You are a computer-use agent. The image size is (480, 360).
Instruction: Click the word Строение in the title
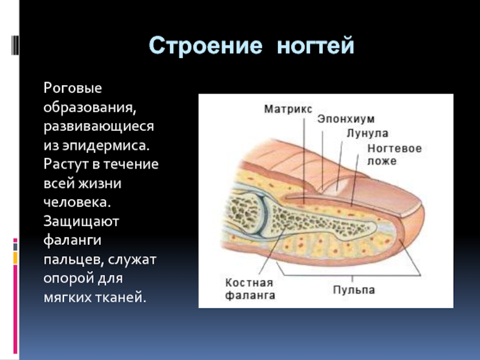tap(205, 46)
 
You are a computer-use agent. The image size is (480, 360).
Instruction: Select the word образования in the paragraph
tap(88, 107)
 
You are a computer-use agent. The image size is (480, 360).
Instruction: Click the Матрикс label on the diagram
tap(287, 109)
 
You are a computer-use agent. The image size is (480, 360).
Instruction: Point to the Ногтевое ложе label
tap(394, 154)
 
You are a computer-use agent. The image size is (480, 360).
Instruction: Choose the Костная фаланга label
tap(250, 289)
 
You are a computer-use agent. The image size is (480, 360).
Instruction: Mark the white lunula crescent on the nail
tap(340, 181)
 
